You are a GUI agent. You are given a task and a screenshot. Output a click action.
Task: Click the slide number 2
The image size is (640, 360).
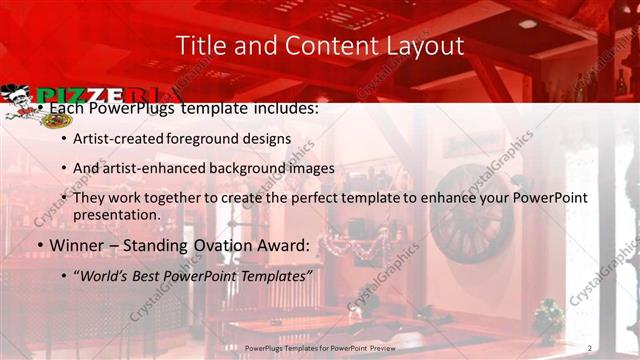(590, 346)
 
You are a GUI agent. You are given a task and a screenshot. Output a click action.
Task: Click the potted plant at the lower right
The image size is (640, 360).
(547, 318)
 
